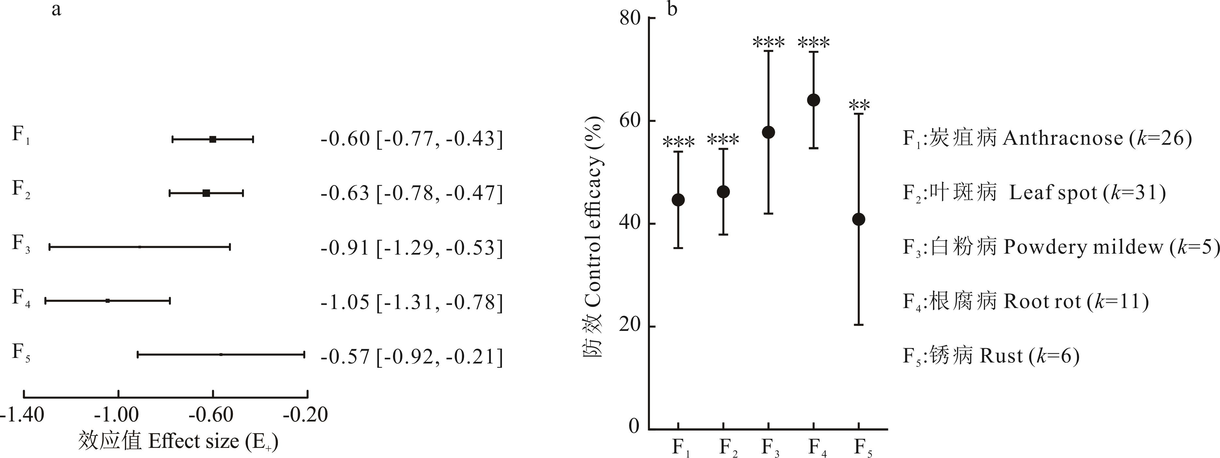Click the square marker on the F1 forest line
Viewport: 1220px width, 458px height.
[213, 139]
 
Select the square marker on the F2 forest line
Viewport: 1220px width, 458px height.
[206, 193]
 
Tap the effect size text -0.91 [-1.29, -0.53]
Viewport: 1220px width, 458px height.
[412, 248]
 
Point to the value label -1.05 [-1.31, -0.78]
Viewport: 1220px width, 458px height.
[412, 302]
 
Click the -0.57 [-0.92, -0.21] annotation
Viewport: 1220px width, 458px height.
[412, 356]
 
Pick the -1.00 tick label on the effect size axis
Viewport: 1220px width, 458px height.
[116, 415]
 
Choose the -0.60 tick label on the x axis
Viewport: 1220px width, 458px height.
[211, 415]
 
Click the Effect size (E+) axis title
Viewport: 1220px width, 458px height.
[178, 441]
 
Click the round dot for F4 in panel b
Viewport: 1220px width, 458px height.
[814, 100]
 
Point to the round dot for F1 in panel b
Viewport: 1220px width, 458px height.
[678, 200]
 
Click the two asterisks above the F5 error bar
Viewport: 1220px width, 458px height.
[859, 105]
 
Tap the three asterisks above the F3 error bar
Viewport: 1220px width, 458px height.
[769, 43]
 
